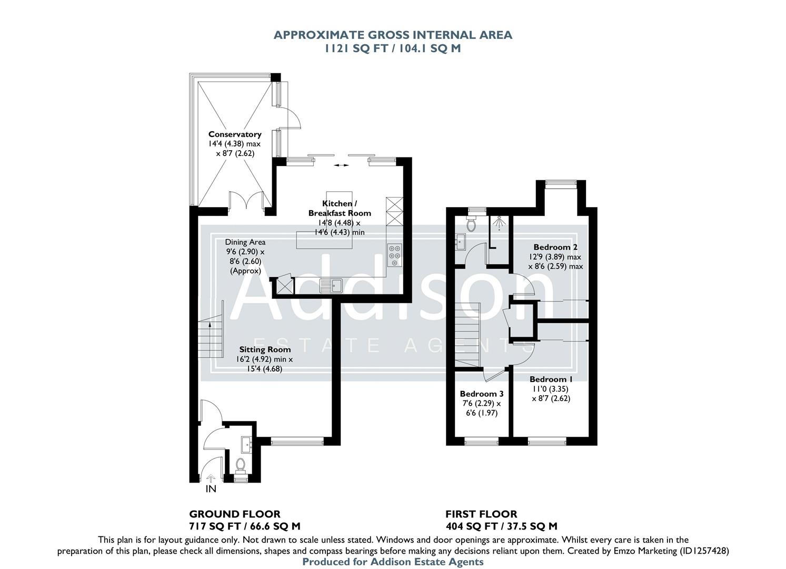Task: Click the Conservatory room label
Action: [235, 134]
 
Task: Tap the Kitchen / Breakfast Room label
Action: [340, 208]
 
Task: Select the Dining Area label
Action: [245, 242]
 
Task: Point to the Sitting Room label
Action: [265, 349]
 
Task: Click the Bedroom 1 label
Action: [551, 379]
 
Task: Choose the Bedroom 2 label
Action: [555, 247]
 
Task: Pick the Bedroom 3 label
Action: [482, 394]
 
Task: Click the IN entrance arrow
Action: [211, 479]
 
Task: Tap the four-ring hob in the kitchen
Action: [394, 256]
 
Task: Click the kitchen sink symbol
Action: [331, 286]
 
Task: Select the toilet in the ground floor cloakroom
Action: [241, 464]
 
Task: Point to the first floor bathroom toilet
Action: [471, 225]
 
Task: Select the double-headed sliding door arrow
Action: [341, 165]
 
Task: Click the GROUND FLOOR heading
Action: [235, 514]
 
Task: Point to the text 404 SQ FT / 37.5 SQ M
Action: [501, 526]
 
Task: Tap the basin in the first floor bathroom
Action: [459, 243]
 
